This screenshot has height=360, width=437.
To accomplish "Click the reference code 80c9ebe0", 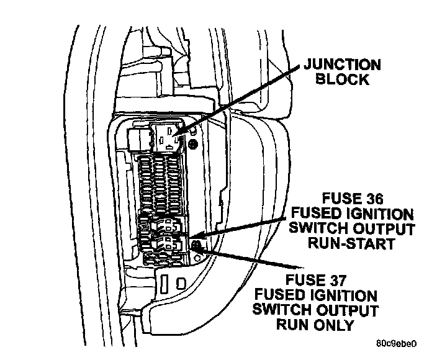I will pyautogui.click(x=396, y=343).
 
